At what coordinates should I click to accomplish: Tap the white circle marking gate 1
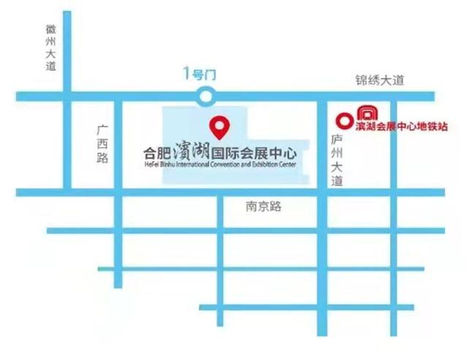click(207, 95)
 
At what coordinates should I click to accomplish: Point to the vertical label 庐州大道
click(336, 160)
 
